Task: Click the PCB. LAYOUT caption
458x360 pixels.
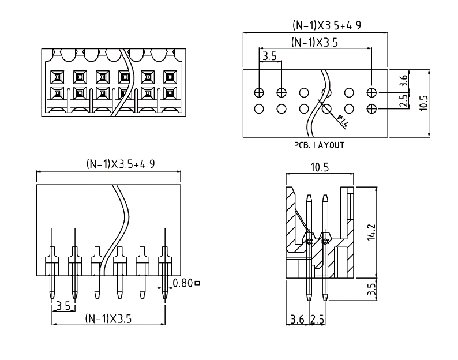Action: pos(318,145)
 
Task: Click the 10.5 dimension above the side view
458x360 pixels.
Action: pos(320,168)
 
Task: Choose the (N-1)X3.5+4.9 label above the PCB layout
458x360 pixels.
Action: pos(327,26)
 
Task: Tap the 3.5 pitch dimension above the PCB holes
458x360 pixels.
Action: pos(269,57)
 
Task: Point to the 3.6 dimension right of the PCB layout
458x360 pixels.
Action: pos(404,81)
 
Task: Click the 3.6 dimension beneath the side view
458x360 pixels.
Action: pos(298,318)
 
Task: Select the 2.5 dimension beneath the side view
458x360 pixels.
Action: pos(317,318)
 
